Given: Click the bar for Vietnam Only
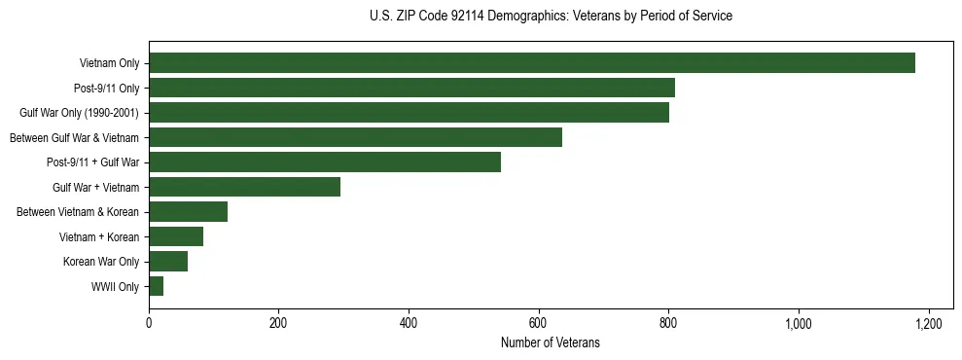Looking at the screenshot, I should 531,63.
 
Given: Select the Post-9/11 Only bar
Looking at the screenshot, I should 411,88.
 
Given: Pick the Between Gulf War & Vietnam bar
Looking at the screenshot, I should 355,137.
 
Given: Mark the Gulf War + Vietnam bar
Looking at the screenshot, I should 244,187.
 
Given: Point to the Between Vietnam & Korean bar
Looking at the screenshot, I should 188,212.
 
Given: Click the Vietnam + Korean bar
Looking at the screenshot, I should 176,236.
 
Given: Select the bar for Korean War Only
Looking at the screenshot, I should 168,262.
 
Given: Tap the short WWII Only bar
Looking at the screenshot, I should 156,286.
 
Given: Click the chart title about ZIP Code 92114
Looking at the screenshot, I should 551,17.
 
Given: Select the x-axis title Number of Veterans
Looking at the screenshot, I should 551,342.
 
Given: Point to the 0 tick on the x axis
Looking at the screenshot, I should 149,323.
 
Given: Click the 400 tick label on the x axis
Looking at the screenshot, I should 409,323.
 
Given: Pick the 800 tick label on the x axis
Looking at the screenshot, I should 668,323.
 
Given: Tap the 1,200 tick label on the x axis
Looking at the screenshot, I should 928,323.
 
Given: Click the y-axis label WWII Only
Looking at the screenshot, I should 115,287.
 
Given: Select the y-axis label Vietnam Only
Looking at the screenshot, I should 109,64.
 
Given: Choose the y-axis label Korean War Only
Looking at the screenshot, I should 101,262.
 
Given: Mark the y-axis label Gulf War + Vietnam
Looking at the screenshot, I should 95,188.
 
